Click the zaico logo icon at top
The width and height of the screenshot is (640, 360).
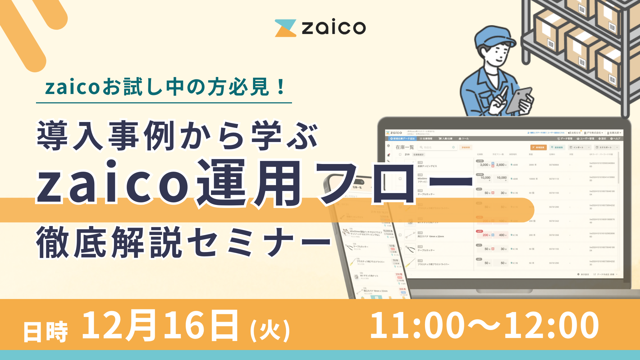click(x=285, y=28)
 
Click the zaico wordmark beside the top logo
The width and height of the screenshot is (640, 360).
click(x=334, y=27)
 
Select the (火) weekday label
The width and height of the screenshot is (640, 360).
click(x=270, y=330)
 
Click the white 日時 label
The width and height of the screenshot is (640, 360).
click(x=45, y=332)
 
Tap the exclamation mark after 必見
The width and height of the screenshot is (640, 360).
click(x=281, y=87)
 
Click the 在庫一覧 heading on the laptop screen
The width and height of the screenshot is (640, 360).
click(x=404, y=147)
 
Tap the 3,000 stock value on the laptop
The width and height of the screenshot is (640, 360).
click(x=484, y=165)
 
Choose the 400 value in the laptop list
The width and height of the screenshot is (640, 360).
click(x=501, y=235)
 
